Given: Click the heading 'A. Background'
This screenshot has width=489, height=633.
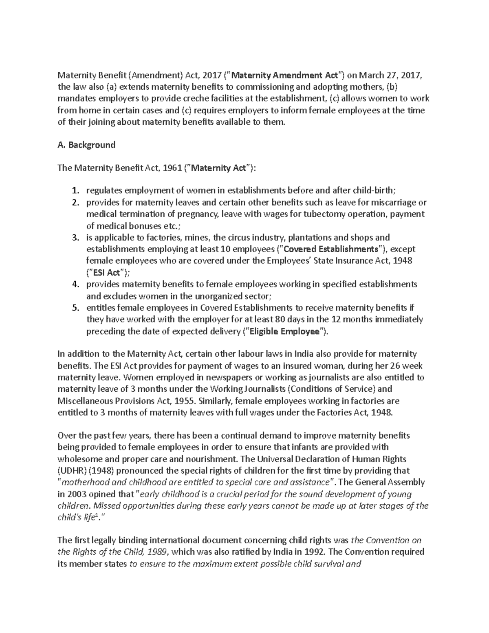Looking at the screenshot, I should (x=86, y=145).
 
